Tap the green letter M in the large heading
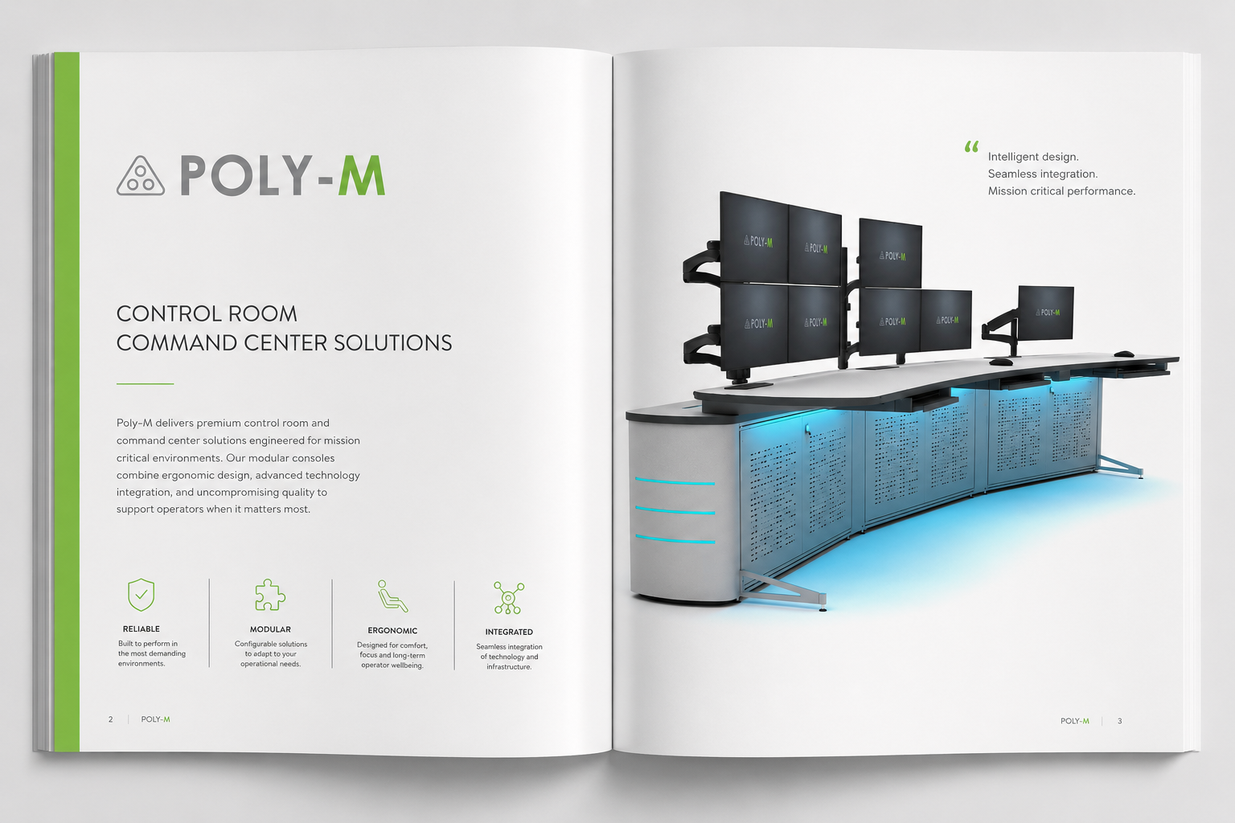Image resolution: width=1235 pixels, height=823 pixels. tap(361, 175)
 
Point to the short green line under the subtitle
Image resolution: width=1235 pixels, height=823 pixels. tap(145, 383)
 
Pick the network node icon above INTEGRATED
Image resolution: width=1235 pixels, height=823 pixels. tap(508, 597)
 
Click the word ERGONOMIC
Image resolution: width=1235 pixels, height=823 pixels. tap(392, 631)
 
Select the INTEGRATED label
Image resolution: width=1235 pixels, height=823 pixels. tap(509, 633)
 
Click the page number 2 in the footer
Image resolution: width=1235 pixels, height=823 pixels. tap(111, 719)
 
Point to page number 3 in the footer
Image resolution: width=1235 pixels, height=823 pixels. tap(1120, 721)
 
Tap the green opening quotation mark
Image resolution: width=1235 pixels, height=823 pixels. tap(971, 146)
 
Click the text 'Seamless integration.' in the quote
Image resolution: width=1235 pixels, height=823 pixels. tap(1043, 174)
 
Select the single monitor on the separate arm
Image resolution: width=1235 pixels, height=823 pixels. tap(1045, 312)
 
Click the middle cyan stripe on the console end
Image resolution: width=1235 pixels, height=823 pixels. tap(675, 510)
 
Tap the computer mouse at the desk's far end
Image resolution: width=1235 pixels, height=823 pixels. tap(1124, 354)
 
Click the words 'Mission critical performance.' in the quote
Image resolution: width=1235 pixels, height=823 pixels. tap(1062, 191)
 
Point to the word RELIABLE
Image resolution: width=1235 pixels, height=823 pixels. tap(142, 629)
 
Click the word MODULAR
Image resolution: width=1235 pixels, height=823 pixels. tap(270, 629)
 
